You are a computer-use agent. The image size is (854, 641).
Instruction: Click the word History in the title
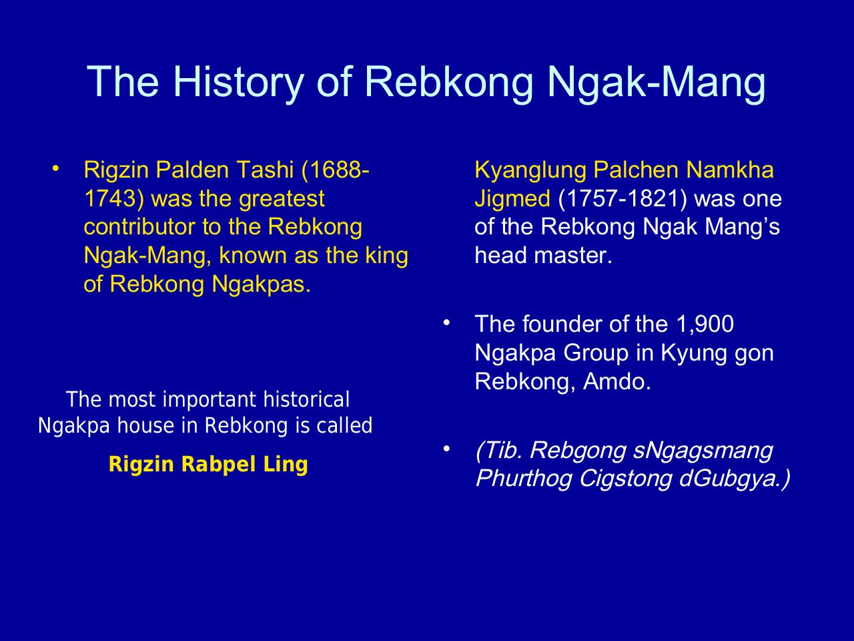(238, 83)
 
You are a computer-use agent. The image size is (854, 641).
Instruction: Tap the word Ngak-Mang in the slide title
(657, 83)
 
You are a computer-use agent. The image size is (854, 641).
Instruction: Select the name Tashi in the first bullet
(265, 170)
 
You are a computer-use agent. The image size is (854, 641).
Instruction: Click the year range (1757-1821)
(622, 198)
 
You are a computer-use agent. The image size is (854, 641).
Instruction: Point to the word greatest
(282, 199)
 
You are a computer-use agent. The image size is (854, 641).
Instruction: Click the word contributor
(139, 226)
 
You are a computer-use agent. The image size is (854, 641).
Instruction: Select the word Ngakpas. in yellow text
(261, 284)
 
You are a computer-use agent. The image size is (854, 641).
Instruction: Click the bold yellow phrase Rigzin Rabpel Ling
(208, 465)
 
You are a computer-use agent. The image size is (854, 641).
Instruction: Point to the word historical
(306, 399)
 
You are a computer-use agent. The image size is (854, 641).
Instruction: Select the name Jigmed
(512, 199)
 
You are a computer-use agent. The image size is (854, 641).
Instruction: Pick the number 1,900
(705, 325)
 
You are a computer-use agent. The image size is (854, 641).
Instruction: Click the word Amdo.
(617, 381)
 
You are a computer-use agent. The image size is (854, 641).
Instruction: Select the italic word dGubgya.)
(735, 478)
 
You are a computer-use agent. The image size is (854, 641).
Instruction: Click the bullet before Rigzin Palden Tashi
(56, 168)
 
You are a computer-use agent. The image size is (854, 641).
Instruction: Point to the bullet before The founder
(446, 323)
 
